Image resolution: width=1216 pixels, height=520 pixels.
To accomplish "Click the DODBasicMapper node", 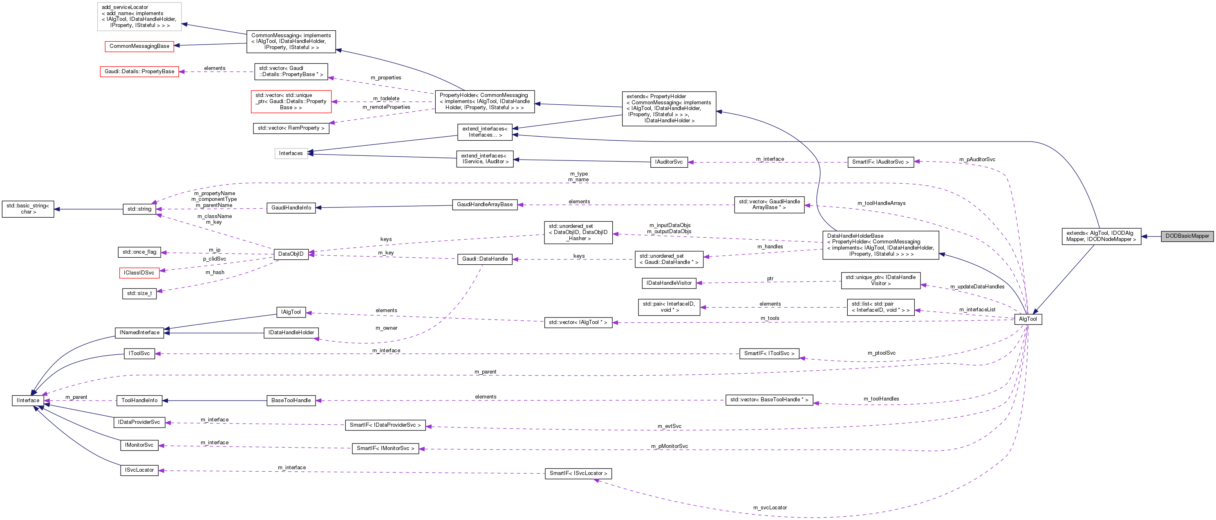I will coord(1187,236).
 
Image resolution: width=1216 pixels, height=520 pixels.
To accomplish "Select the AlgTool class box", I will coord(1028,319).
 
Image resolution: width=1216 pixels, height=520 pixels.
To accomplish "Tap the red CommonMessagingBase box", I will coord(139,46).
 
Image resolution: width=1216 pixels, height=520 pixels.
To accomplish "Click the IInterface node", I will coord(28,401).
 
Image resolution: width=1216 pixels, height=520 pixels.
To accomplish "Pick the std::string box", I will coord(139,209).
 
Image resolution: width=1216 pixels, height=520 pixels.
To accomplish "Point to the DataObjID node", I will coord(291,254).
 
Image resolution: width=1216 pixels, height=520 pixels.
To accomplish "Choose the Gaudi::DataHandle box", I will coord(485,259).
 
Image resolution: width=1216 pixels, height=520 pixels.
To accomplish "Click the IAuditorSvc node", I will coord(668,162).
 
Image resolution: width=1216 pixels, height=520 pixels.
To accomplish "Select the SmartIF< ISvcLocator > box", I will coord(578,473).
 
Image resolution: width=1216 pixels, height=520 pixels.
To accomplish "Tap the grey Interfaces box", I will coord(291,153).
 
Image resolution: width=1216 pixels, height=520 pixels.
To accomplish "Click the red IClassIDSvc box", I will coord(139,273).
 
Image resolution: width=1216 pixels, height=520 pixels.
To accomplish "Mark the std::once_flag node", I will coord(139,252).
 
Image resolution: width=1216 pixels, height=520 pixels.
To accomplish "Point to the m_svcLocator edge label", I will coord(770,508).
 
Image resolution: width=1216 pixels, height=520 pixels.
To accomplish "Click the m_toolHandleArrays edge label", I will coord(881,203).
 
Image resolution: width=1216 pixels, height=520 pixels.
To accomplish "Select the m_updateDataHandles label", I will coord(977,287).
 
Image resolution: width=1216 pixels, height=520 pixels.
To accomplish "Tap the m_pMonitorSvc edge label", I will coord(670,446).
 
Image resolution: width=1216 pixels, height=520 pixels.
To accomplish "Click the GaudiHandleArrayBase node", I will coord(485,205).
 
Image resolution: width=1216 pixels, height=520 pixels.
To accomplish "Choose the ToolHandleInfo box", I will coord(139,401).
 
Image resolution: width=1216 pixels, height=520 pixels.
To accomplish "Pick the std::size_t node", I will coord(139,293).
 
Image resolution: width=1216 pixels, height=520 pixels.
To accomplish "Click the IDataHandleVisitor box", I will coord(669,283).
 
